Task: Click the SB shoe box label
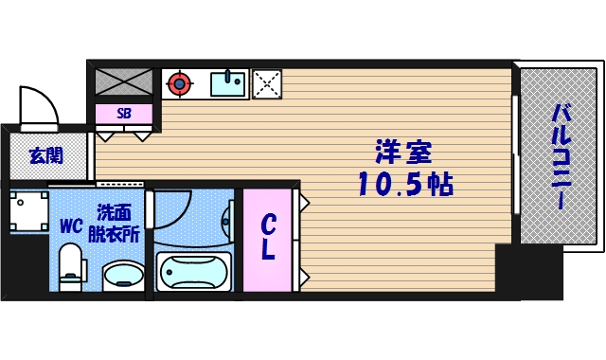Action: tap(124, 114)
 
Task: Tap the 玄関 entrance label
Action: tap(45, 155)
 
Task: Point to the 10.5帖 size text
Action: tap(404, 184)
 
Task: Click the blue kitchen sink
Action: tap(227, 83)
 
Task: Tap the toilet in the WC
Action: tap(71, 267)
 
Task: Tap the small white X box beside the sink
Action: tap(266, 83)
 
